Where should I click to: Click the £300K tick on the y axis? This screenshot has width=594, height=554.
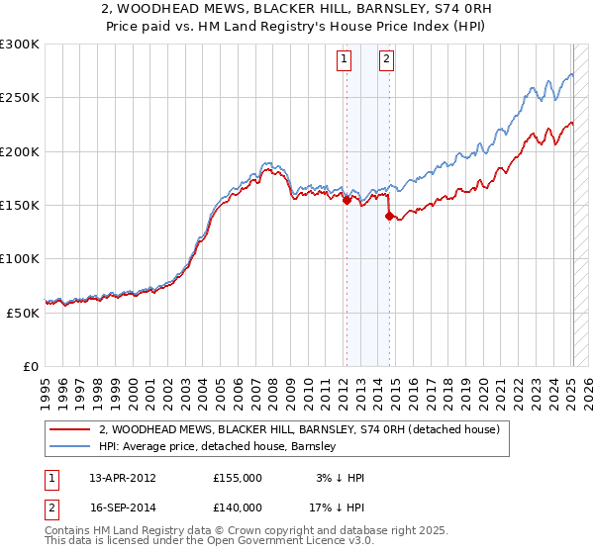coord(20,45)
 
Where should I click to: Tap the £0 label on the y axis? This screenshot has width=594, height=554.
coord(32,366)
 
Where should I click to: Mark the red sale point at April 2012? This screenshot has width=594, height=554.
coord(346,200)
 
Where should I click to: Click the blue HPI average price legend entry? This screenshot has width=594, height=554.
coord(218,447)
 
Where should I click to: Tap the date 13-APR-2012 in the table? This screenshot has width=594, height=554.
coord(123,478)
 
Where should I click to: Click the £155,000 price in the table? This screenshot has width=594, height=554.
coord(238,478)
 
